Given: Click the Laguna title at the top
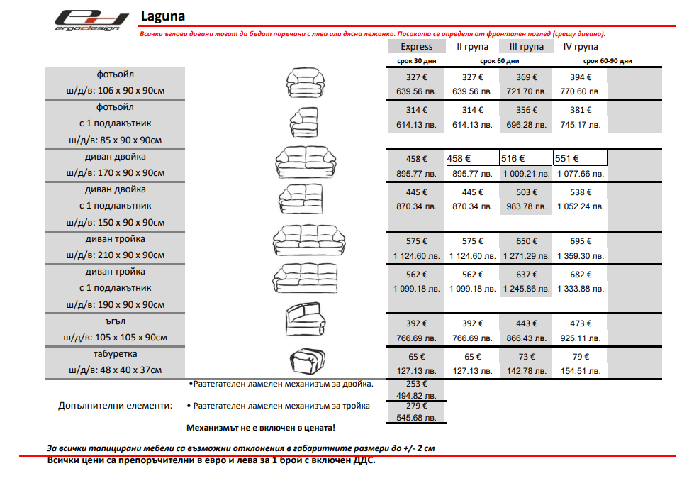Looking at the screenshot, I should pyautogui.click(x=163, y=16).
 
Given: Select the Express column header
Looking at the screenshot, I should pyautogui.click(x=416, y=47).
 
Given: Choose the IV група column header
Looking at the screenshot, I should pyautogui.click(x=580, y=47).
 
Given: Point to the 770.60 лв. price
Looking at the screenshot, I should pyautogui.click(x=580, y=91).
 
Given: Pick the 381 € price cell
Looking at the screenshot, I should pyautogui.click(x=580, y=110).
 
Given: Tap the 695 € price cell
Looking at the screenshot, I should pyautogui.click(x=580, y=241).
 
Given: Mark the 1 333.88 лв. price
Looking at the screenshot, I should pyautogui.click(x=580, y=289).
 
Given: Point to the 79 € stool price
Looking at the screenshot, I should pyautogui.click(x=580, y=357).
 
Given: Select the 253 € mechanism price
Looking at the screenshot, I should pyautogui.click(x=416, y=384).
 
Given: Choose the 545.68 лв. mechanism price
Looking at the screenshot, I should pyautogui.click(x=416, y=418).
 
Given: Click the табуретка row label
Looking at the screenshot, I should pyautogui.click(x=116, y=353).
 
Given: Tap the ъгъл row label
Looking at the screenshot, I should pyautogui.click(x=116, y=321).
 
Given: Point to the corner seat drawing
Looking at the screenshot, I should pyautogui.click(x=304, y=321).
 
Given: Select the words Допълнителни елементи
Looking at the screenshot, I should pyautogui.click(x=115, y=406).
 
